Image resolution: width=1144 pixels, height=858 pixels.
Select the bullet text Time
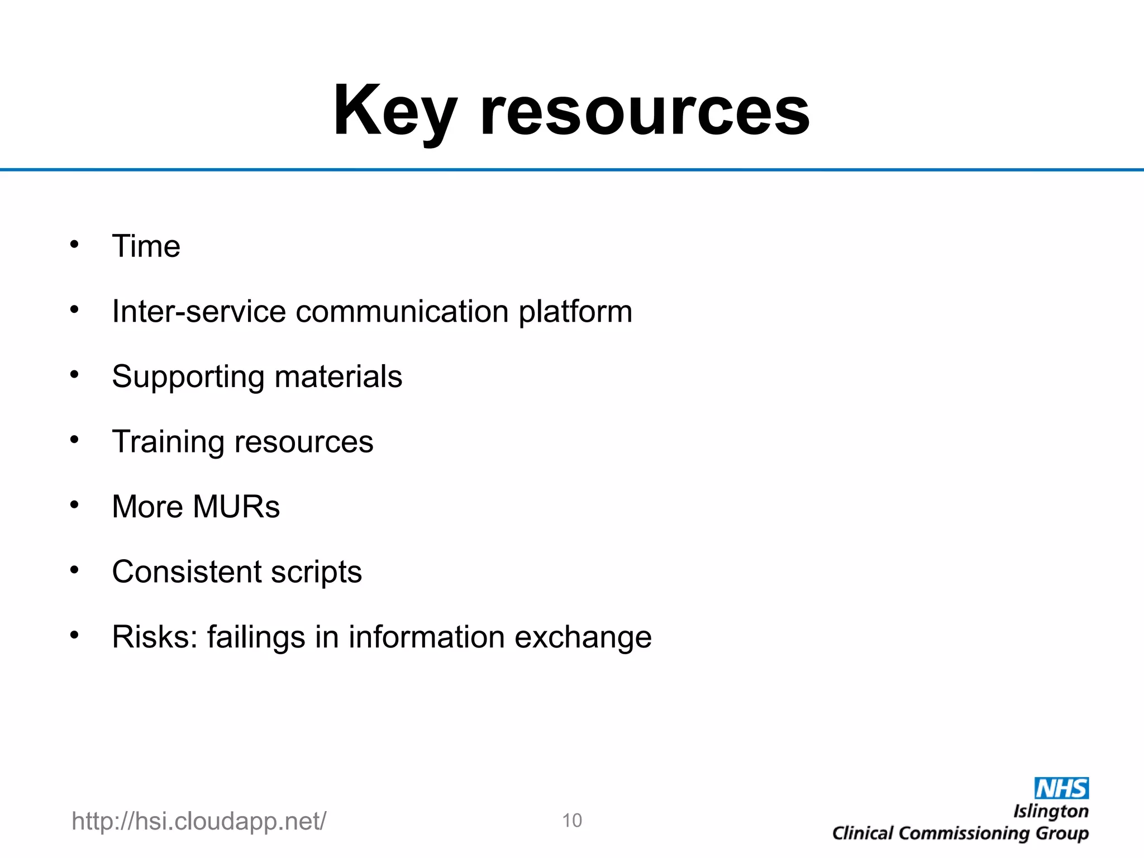tap(146, 246)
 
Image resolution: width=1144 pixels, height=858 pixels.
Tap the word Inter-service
tap(199, 311)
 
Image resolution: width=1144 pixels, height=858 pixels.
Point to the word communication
tap(402, 311)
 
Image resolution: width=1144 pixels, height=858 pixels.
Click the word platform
tap(575, 312)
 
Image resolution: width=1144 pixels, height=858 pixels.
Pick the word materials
tap(339, 376)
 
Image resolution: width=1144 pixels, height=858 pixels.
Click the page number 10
tap(572, 821)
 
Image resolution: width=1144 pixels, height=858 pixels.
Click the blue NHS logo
tap(1061, 788)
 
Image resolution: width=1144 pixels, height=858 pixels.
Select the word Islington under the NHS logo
tap(1051, 812)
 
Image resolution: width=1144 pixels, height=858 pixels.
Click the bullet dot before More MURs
tap(75, 505)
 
